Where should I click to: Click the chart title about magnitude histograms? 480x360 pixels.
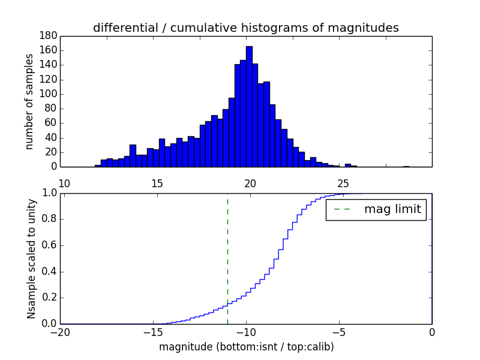[x=245, y=28]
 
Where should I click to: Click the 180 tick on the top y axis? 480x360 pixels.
[x=48, y=36]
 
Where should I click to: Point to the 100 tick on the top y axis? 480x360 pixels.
[x=48, y=94]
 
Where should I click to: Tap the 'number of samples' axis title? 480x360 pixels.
[x=29, y=101]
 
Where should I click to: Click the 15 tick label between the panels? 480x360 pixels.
[x=157, y=184]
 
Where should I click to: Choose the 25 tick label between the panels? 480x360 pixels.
[x=343, y=184]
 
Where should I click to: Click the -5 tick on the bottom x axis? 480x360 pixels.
[x=339, y=331]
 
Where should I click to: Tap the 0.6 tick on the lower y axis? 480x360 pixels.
[x=49, y=245]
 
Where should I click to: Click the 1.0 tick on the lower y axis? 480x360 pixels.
[x=49, y=193]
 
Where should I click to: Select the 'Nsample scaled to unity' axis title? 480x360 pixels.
[x=31, y=259]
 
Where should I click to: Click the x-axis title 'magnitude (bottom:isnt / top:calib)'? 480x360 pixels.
[x=246, y=347]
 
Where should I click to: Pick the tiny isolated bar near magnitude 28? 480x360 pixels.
[x=406, y=166]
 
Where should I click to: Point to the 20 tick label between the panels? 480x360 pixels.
[x=250, y=184]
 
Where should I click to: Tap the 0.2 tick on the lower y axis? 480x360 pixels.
[x=49, y=298]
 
